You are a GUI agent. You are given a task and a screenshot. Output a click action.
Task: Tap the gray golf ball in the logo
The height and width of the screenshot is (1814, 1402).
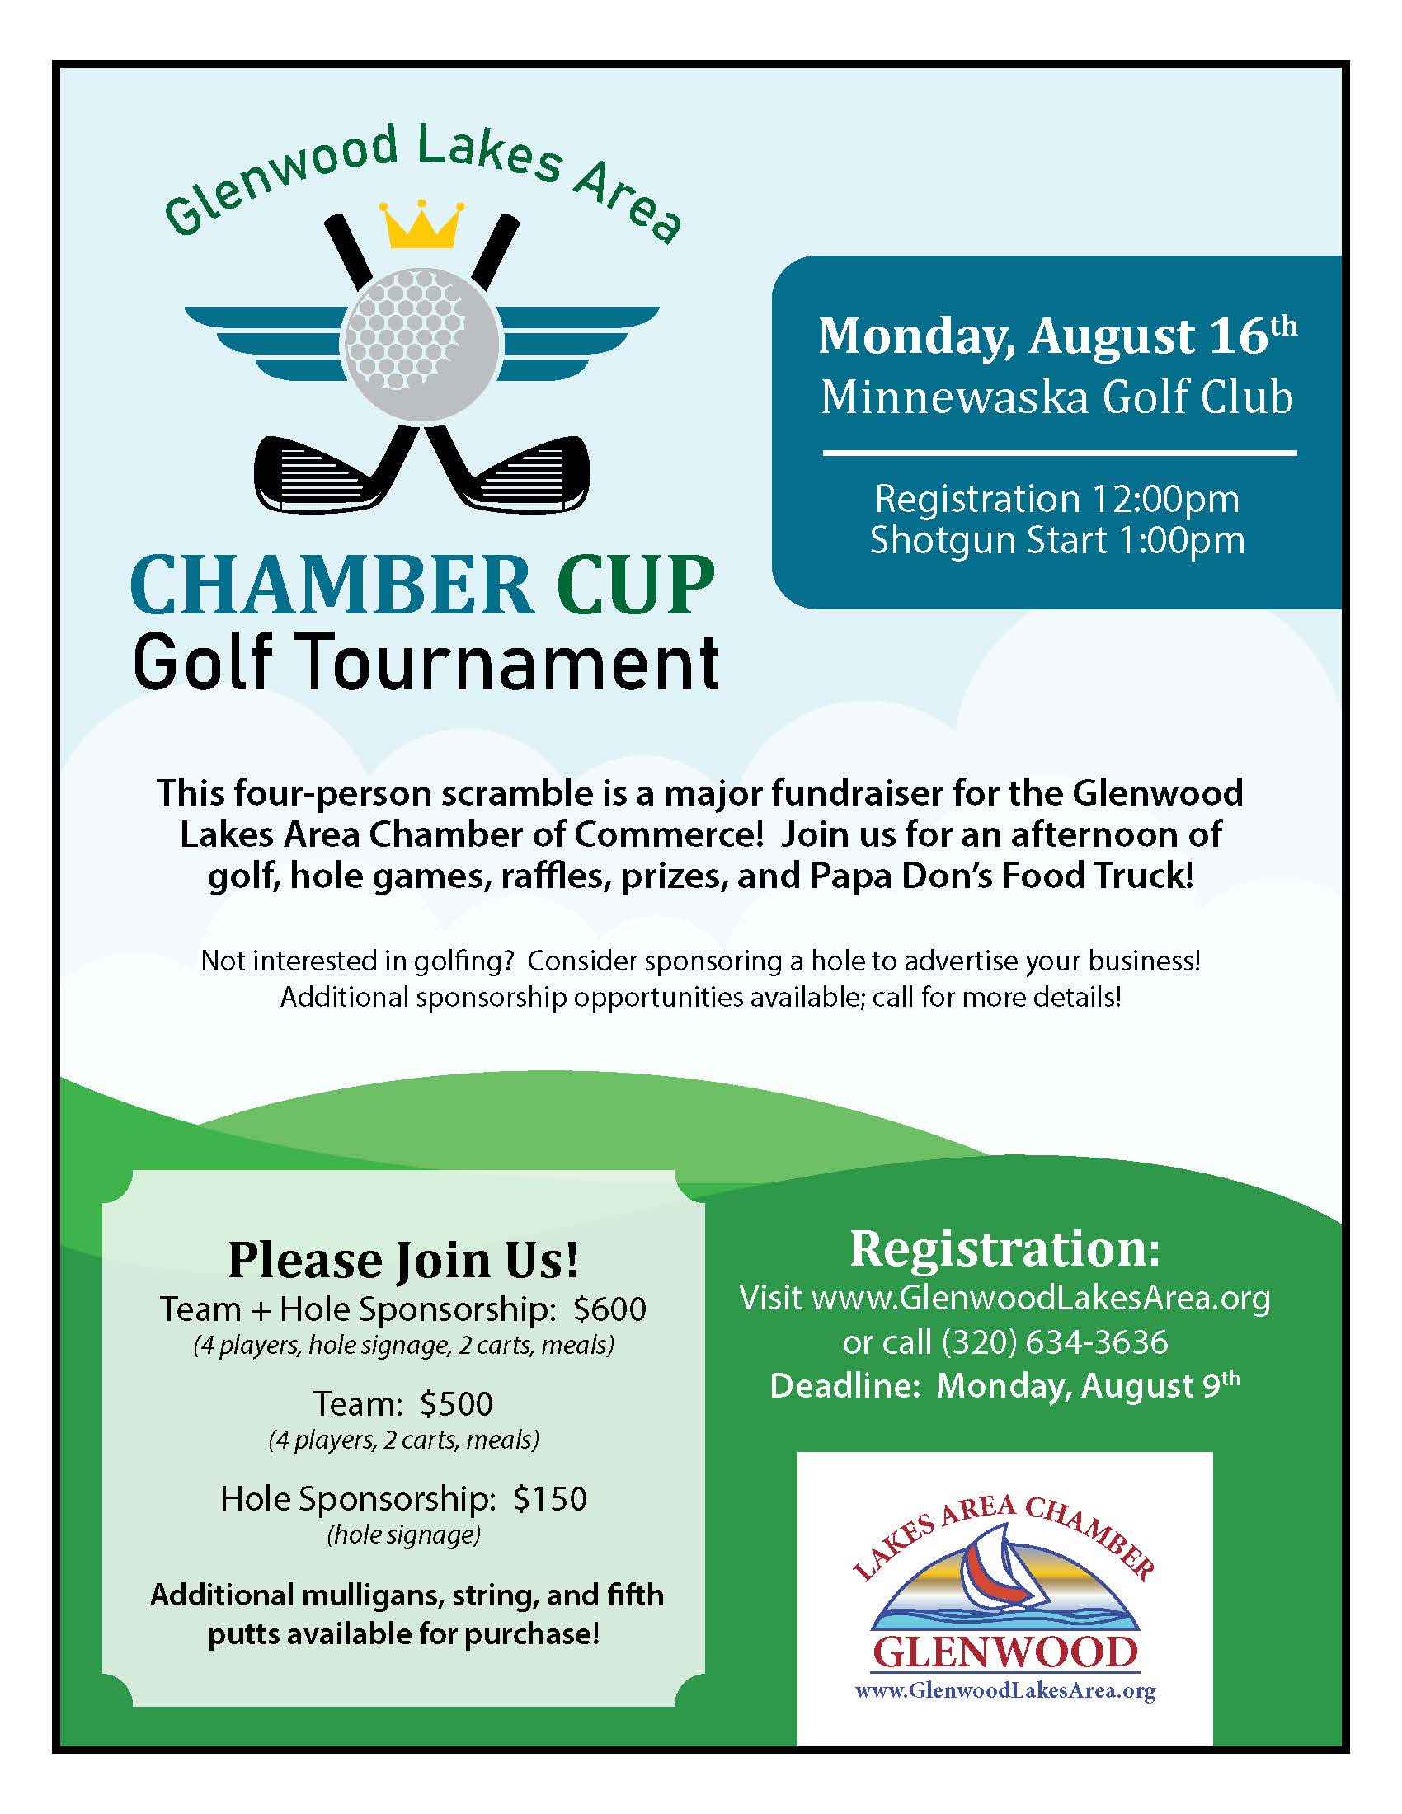pos(421,343)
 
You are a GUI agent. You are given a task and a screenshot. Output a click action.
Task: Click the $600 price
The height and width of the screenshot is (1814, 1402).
pos(609,1309)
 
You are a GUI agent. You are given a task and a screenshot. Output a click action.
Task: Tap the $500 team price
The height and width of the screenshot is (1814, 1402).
pos(456,1403)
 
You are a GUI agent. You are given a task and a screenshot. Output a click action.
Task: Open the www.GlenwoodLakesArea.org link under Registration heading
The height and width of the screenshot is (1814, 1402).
pos(1040,1297)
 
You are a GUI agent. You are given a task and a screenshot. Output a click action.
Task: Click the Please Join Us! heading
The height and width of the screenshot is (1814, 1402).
pos(403,1261)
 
